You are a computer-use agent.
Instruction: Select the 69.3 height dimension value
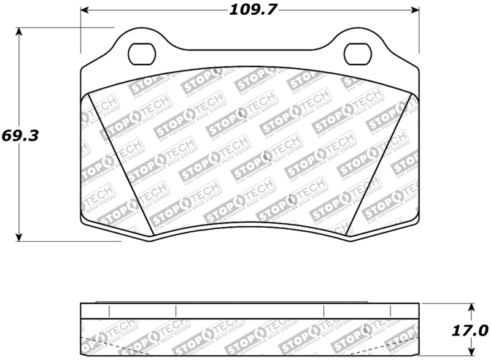pyautogui.click(x=20, y=136)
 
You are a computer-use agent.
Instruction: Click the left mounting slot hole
pyautogui.click(x=142, y=53)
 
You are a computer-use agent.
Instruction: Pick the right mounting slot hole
pyautogui.click(x=357, y=53)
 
